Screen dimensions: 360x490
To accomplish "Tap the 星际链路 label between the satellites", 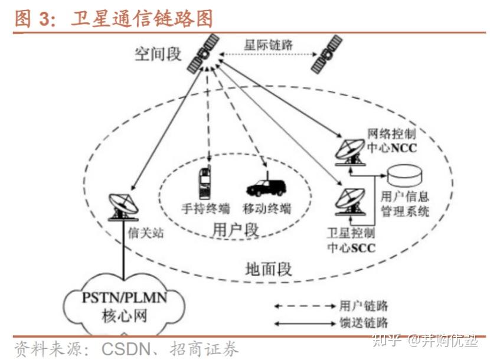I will click(x=269, y=44).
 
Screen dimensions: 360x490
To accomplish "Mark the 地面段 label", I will click(x=269, y=269).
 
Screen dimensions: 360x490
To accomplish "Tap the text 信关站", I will click(x=145, y=233).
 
